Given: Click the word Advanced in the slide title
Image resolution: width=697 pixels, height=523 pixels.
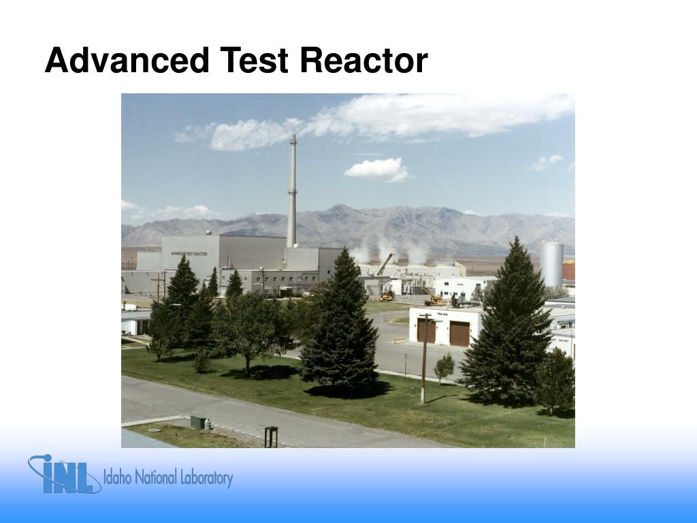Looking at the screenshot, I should pyautogui.click(x=127, y=61).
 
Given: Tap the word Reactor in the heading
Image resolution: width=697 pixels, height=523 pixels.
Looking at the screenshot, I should pyautogui.click(x=363, y=61).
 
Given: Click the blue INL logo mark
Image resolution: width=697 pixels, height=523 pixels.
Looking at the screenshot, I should pyautogui.click(x=62, y=475).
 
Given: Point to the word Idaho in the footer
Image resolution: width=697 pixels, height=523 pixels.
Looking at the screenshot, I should pyautogui.click(x=118, y=477).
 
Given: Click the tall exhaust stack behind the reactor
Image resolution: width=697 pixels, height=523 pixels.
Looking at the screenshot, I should pyautogui.click(x=292, y=191).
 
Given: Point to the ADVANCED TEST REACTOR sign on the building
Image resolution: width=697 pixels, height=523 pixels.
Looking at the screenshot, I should pyautogui.click(x=189, y=253).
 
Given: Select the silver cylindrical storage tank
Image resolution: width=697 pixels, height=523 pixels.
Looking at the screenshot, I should pyautogui.click(x=551, y=264).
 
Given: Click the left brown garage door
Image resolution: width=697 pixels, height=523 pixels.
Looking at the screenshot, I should pyautogui.click(x=427, y=332).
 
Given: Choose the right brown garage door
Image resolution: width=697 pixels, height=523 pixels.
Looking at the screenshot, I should pyautogui.click(x=459, y=334).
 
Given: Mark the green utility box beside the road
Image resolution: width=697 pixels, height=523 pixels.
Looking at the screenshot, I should pyautogui.click(x=197, y=422).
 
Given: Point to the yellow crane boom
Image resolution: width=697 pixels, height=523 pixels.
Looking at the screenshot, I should pyautogui.click(x=385, y=264).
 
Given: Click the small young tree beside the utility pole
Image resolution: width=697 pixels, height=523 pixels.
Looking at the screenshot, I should pyautogui.click(x=444, y=367).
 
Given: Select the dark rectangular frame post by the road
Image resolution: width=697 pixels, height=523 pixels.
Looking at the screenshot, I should pyautogui.click(x=271, y=437).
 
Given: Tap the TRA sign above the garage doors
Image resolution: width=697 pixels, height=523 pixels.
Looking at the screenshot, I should pyautogui.click(x=441, y=314).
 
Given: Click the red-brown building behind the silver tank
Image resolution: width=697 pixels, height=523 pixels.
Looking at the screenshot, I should pyautogui.click(x=568, y=270).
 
